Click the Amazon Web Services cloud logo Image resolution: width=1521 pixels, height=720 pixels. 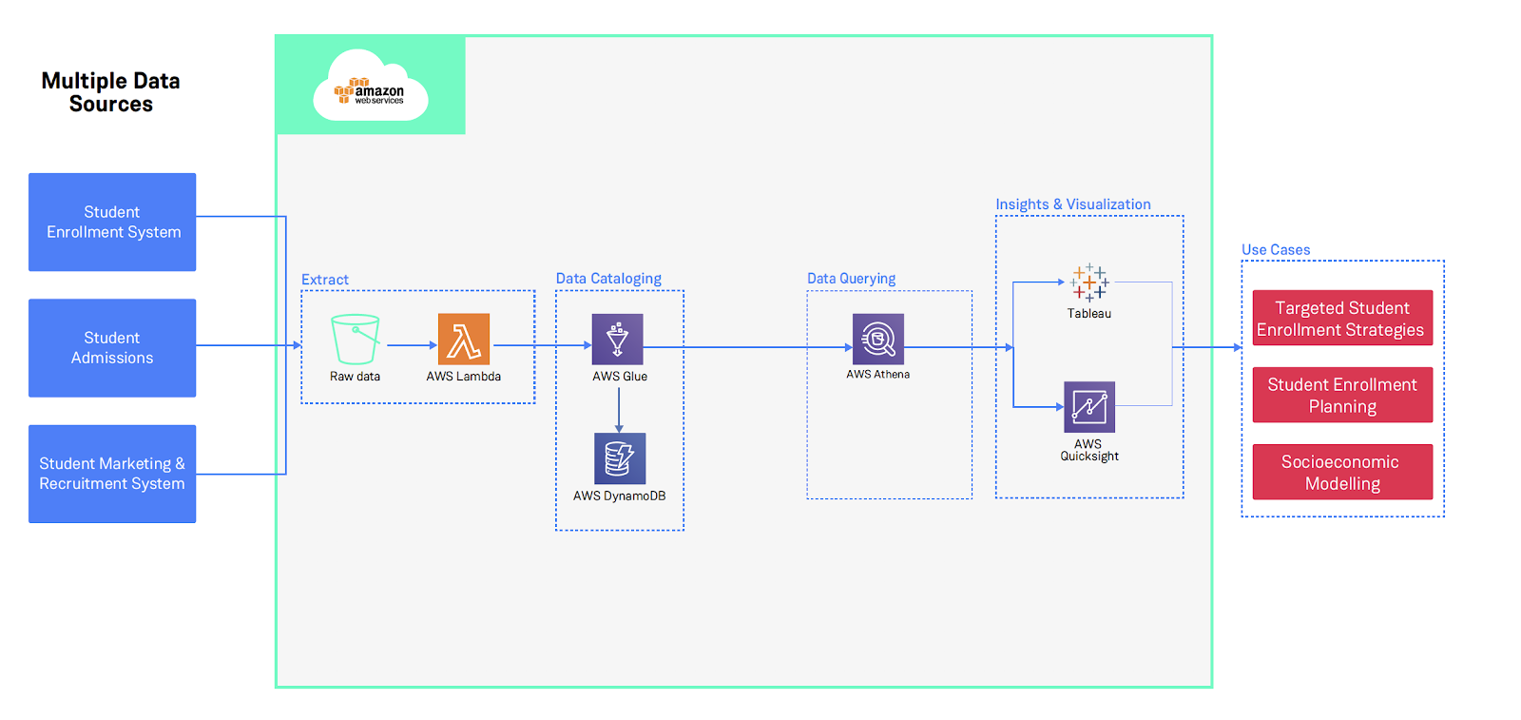point(370,87)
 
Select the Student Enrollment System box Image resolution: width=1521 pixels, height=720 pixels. point(112,222)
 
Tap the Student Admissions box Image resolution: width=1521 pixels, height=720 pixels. point(112,348)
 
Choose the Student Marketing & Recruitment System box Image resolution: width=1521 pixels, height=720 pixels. point(112,474)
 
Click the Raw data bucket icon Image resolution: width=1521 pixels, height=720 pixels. point(355,340)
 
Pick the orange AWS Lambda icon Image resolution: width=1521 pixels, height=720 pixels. point(464,340)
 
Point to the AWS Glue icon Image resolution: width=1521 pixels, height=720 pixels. point(618,340)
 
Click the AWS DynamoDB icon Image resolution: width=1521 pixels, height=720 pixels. point(620,458)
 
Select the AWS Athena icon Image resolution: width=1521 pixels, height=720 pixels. point(878,340)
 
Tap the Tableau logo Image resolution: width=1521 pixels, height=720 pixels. point(1089,282)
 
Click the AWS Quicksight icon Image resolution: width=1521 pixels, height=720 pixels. point(1089,407)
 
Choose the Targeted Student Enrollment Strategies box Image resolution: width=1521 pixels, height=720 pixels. point(1342,319)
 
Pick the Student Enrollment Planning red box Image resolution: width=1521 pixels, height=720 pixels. point(1342,396)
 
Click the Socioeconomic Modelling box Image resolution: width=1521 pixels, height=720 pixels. point(1342,473)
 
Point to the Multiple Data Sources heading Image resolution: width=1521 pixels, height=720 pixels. point(111,92)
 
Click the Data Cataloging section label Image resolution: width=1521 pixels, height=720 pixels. point(608,279)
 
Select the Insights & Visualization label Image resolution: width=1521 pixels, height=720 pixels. point(1073,204)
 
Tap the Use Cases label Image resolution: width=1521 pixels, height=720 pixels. point(1276,250)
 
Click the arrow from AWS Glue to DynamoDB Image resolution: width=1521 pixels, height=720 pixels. point(619,409)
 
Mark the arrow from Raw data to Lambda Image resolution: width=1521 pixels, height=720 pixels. point(411,345)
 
